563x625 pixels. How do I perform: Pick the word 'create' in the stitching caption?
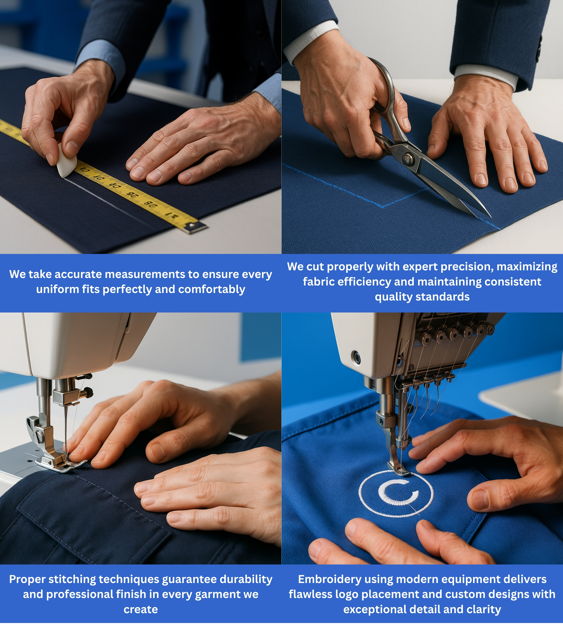[x=141, y=609]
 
